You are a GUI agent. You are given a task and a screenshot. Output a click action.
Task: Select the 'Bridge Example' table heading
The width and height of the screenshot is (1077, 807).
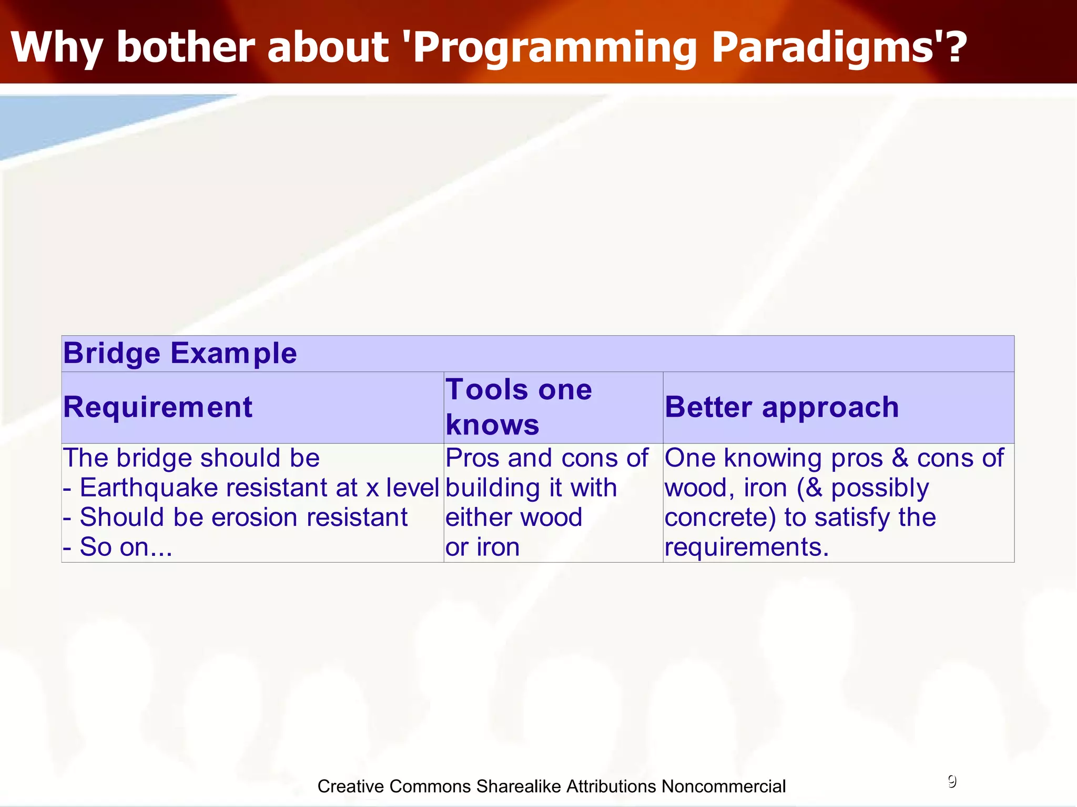click(180, 353)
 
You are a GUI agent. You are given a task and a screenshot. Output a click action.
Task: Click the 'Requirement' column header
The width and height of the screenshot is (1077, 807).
click(158, 407)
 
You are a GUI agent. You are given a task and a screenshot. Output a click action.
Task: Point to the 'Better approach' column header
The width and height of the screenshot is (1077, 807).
click(781, 407)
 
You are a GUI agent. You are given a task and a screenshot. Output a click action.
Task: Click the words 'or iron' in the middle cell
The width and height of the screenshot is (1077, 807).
click(482, 547)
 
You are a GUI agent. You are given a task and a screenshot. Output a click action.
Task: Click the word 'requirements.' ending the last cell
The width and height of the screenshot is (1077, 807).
click(746, 547)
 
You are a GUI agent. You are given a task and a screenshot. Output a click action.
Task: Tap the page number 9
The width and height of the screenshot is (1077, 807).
click(952, 782)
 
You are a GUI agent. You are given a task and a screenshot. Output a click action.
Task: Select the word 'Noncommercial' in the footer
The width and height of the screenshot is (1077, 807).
click(723, 787)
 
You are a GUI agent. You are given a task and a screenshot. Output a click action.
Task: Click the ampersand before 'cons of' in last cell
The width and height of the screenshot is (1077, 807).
click(900, 458)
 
